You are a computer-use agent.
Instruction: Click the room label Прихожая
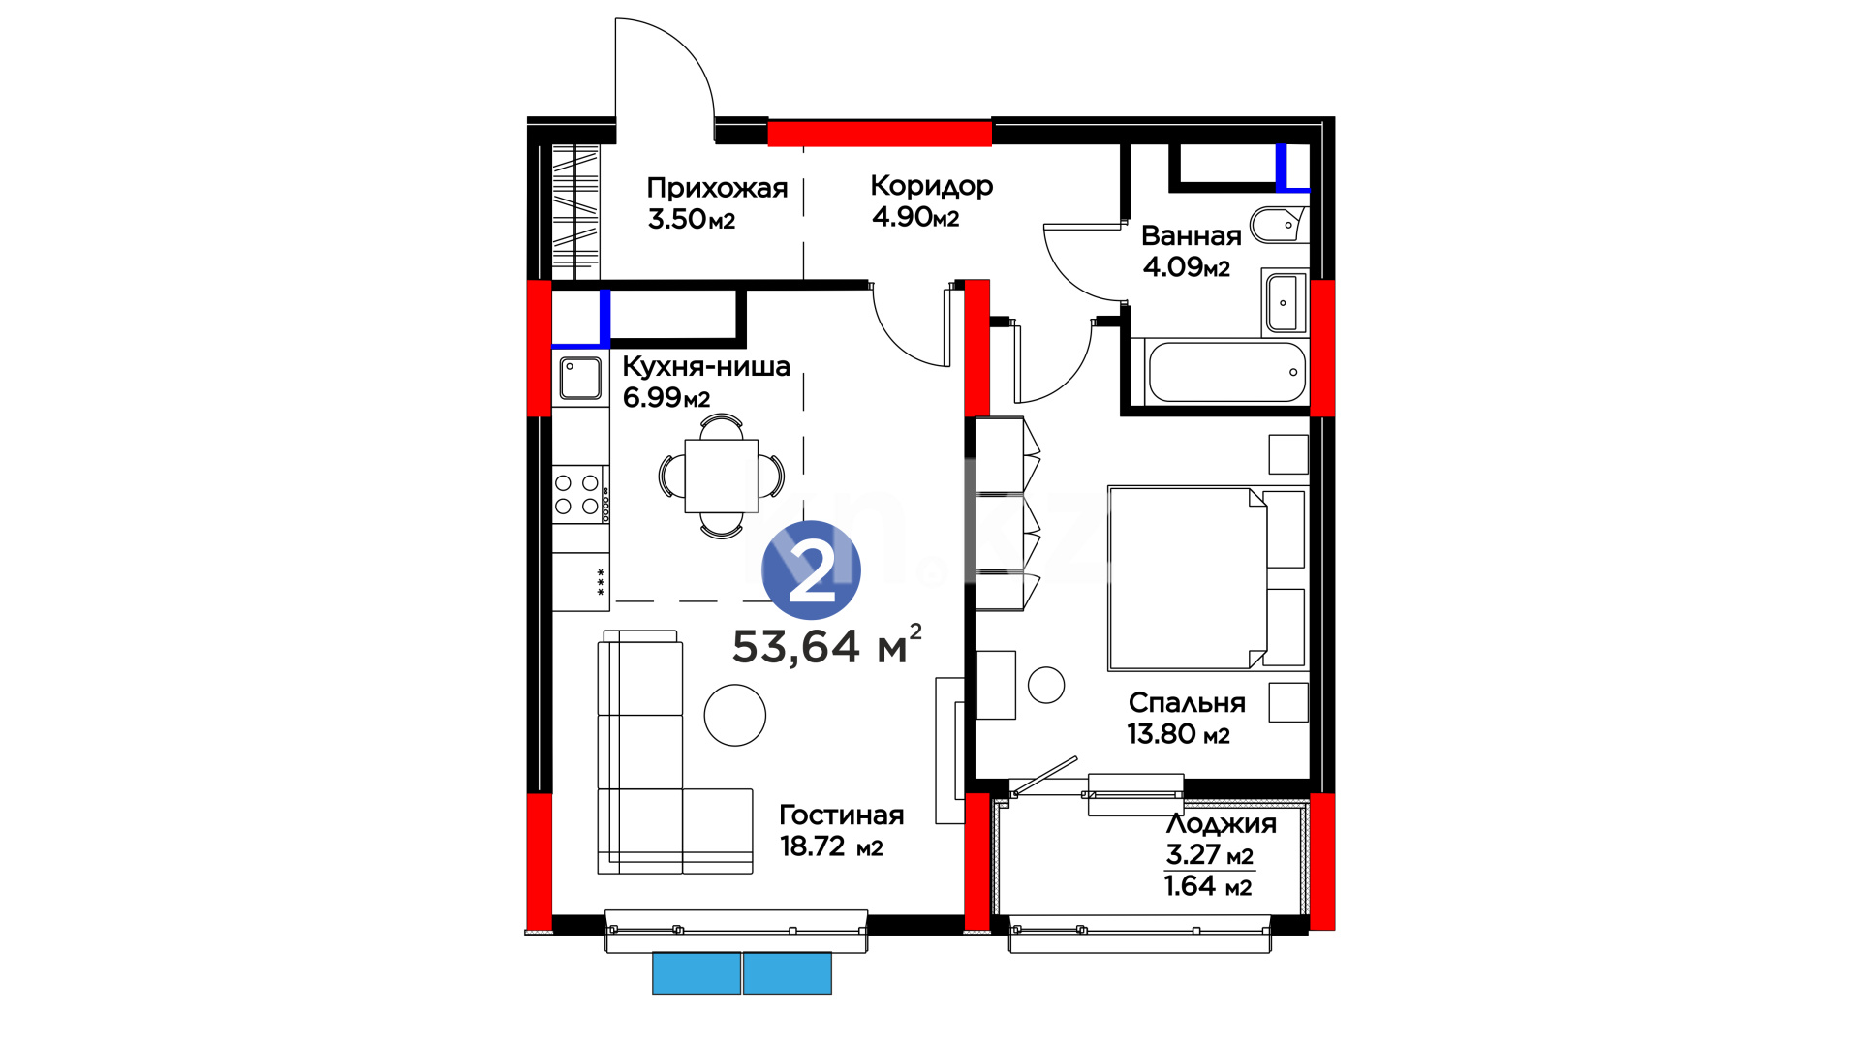tap(717, 188)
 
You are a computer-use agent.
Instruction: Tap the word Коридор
tap(931, 185)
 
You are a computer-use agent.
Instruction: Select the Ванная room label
tap(1191, 235)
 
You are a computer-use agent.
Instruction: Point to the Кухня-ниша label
tap(705, 366)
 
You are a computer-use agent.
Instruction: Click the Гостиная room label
tap(841, 815)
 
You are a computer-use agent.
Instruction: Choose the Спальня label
tap(1187, 703)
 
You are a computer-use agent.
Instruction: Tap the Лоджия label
tap(1221, 823)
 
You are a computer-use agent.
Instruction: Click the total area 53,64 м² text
tap(826, 645)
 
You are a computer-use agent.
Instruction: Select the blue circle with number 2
tap(812, 570)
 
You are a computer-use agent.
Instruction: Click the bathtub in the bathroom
tap(1226, 372)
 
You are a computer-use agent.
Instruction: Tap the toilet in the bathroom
tap(1279, 226)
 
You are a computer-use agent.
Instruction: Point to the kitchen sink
tap(580, 378)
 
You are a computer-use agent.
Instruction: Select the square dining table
tap(722, 476)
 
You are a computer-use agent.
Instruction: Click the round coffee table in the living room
tap(735, 715)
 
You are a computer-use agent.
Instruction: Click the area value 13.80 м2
tap(1178, 734)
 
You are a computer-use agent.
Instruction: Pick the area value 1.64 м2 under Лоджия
tap(1208, 886)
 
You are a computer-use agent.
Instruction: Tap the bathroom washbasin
tap(1285, 302)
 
